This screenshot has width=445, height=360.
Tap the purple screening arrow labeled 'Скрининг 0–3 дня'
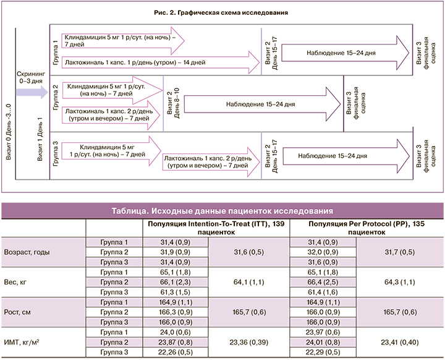[32, 93]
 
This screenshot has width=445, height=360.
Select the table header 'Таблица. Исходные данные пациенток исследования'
[222, 210]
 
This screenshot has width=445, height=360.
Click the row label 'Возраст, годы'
[25, 252]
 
